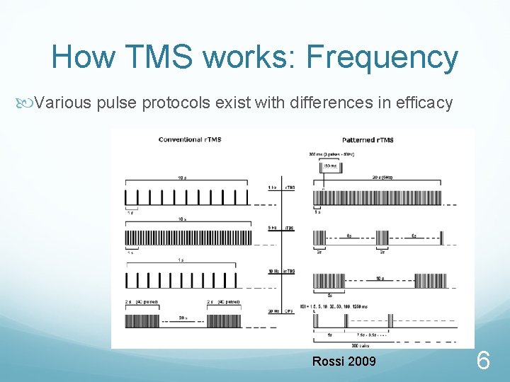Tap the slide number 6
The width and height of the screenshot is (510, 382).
(x=483, y=362)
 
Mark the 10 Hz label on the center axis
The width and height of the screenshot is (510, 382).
(x=273, y=272)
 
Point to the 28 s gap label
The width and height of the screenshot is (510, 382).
(x=183, y=318)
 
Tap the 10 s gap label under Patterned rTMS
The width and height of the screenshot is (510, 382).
(x=380, y=278)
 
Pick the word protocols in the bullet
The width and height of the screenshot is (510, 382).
(x=176, y=103)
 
